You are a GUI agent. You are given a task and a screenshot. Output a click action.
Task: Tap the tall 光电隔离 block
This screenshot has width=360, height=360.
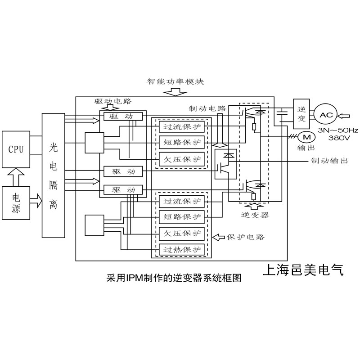53,175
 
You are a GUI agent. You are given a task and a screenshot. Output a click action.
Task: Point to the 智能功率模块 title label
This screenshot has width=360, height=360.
175,82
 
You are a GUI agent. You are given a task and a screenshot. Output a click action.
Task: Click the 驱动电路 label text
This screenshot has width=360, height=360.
113,102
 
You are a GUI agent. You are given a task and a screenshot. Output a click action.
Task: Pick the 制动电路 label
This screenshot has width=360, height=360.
207,108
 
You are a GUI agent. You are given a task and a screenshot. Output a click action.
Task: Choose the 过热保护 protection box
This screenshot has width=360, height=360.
182,249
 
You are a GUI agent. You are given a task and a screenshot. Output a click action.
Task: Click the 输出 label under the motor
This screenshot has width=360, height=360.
306,147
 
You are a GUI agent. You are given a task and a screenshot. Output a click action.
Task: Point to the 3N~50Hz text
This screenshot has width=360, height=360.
338,130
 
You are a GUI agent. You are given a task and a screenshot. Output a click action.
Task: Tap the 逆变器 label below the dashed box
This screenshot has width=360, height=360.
255,215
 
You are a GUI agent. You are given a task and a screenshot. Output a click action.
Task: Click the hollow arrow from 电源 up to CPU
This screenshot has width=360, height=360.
16,176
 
